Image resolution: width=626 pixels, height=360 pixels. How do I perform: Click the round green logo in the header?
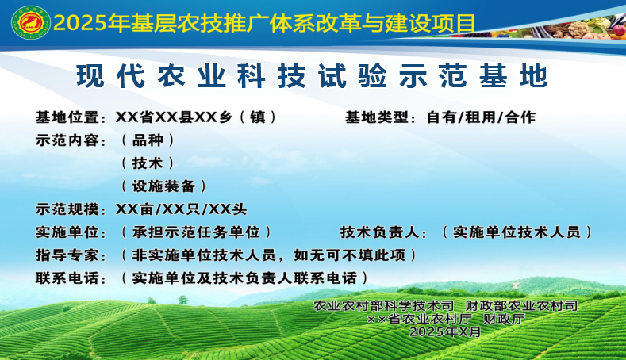click(x=31, y=23)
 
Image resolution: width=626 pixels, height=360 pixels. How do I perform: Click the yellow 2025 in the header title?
click(x=80, y=23)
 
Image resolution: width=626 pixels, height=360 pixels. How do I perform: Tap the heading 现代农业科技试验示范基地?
click(x=312, y=75)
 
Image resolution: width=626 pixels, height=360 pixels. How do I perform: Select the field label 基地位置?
click(x=67, y=117)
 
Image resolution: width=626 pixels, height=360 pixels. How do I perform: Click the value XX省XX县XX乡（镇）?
click(x=197, y=117)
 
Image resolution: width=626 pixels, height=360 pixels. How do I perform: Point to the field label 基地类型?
click(x=377, y=117)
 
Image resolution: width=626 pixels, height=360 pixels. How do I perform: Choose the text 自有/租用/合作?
click(x=481, y=117)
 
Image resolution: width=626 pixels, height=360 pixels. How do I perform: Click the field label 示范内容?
click(x=67, y=140)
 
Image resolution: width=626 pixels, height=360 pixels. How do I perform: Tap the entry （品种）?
click(x=148, y=140)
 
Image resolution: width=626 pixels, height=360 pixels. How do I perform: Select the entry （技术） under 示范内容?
click(x=148, y=163)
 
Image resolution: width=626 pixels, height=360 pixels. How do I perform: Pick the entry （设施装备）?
click(x=163, y=186)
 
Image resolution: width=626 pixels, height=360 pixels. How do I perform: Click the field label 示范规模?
click(x=67, y=209)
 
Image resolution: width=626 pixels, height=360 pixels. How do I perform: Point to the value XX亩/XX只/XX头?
click(x=181, y=209)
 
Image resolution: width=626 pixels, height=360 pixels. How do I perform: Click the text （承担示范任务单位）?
click(x=196, y=232)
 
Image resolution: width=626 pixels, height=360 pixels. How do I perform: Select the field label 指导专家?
click(x=67, y=255)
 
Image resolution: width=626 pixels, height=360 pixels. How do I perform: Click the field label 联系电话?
click(x=67, y=278)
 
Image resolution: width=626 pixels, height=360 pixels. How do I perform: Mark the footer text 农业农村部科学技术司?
click(x=384, y=306)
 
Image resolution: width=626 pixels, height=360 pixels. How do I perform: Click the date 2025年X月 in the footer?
click(x=445, y=331)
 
